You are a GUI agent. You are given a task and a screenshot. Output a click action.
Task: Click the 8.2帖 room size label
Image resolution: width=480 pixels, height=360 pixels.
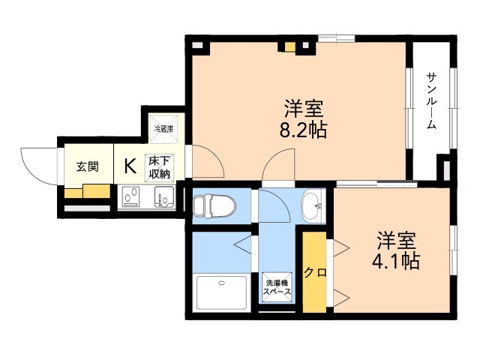tap(303, 130)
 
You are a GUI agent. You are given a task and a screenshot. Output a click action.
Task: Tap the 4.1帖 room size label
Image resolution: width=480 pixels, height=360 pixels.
tap(396, 261)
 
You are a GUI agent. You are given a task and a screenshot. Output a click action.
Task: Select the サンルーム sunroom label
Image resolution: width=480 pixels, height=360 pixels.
tap(432, 100)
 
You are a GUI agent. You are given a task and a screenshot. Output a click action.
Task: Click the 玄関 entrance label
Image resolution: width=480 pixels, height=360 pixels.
tap(88, 166)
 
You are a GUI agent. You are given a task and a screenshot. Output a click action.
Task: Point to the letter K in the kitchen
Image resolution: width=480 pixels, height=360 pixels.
tap(130, 166)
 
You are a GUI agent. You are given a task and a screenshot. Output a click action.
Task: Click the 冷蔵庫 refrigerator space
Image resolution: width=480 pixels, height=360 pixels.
tap(163, 129)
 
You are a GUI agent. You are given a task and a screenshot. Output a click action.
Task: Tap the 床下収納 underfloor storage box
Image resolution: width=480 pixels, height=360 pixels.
tap(159, 168)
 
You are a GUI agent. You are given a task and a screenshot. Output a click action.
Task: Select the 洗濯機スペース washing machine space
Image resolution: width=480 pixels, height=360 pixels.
tap(277, 287)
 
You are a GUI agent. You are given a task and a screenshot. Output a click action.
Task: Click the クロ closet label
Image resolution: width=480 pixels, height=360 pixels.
tap(315, 272)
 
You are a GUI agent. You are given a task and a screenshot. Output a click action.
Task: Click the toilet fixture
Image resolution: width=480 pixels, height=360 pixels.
tap(214, 205)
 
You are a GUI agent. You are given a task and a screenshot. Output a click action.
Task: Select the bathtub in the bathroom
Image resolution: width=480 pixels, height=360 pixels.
tap(222, 293)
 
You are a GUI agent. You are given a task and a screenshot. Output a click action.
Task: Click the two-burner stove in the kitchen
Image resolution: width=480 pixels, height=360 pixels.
tap(131, 196)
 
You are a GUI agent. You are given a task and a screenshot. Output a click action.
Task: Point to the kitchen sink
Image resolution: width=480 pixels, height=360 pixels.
tap(164, 196)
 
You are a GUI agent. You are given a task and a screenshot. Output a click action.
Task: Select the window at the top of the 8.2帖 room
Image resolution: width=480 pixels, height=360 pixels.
tap(337, 38)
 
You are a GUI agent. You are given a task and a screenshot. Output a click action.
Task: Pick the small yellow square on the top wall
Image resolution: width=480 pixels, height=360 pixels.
tap(290, 46)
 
